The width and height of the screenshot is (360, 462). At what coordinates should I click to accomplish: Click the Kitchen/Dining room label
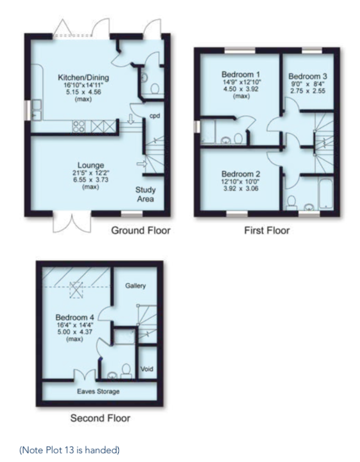tap(84, 78)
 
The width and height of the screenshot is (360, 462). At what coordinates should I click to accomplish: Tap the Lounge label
tap(91, 165)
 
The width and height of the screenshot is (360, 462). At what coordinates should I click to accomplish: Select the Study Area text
tap(145, 195)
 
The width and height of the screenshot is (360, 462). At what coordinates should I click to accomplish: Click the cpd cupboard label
tap(155, 116)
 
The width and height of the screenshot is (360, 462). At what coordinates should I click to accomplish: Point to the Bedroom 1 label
tap(241, 74)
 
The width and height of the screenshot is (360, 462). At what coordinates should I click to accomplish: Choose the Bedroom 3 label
tap(308, 76)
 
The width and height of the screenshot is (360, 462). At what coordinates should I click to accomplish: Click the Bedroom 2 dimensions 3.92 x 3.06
tap(241, 189)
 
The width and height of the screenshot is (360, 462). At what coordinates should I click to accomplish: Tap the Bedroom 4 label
tap(75, 317)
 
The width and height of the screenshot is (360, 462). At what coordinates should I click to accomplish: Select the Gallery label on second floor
tap(135, 286)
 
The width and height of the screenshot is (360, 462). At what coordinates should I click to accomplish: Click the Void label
tap(147, 369)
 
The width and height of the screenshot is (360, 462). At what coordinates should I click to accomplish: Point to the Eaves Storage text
tap(98, 391)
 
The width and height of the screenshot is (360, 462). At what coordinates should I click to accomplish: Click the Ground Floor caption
tap(141, 230)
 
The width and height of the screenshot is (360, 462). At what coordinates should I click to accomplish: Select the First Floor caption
tap(267, 230)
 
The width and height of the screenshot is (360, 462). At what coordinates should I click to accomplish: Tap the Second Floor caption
tap(100, 418)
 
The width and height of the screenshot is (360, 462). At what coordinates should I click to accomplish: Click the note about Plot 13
tap(70, 450)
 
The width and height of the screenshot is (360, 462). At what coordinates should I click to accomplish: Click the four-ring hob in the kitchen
tap(79, 126)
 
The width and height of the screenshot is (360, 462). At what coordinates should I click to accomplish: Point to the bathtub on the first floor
tap(326, 193)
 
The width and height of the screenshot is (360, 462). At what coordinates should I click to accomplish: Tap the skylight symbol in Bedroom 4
tap(76, 290)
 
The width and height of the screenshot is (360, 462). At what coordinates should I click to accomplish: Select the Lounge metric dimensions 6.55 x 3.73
tap(91, 179)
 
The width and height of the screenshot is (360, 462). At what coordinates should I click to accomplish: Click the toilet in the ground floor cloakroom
tap(155, 88)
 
